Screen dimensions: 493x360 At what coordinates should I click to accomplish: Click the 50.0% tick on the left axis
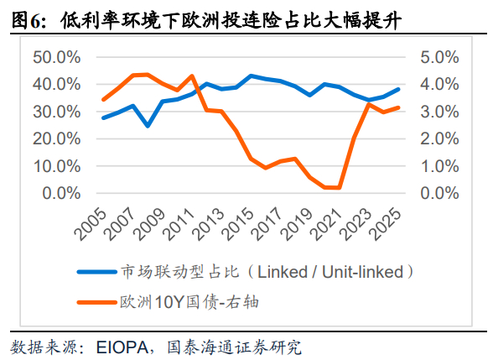point(57,57)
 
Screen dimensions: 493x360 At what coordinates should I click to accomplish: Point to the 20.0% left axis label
point(57,138)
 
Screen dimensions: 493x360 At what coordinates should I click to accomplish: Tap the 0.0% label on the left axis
point(61,193)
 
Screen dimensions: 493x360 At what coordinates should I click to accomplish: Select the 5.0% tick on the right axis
point(439,57)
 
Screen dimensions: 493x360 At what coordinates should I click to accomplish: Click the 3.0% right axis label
point(439,112)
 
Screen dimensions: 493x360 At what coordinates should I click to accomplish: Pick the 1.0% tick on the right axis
point(439,166)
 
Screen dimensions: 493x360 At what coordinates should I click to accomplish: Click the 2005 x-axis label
point(91,224)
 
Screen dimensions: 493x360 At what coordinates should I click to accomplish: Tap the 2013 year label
point(209,224)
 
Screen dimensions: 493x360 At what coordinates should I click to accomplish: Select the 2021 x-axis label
point(326,224)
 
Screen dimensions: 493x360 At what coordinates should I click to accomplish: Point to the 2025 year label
point(386,224)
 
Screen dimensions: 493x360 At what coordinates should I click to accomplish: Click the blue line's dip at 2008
point(148,126)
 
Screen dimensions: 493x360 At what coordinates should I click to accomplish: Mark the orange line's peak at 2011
point(192,76)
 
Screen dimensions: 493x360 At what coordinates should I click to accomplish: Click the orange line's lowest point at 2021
point(339,188)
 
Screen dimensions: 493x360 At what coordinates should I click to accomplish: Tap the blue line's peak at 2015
point(251,76)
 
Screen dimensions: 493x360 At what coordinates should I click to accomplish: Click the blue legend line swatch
point(97,272)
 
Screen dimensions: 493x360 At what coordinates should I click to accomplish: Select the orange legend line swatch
point(97,302)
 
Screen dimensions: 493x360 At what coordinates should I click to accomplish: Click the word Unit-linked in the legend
point(362,272)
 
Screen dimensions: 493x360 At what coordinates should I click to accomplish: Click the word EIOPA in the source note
point(122,347)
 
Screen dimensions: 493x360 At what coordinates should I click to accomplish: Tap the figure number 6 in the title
point(35,22)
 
